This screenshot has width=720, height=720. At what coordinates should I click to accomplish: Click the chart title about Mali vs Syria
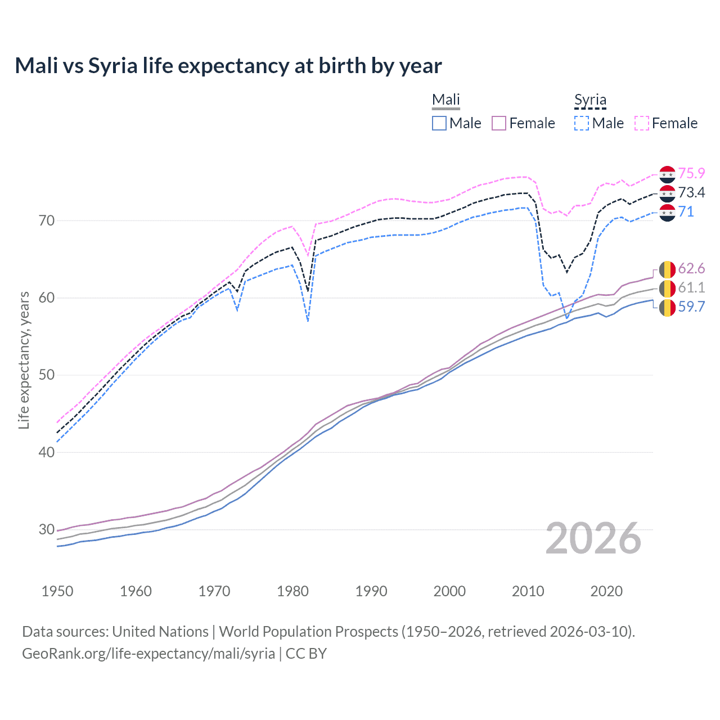pyautogui.click(x=228, y=66)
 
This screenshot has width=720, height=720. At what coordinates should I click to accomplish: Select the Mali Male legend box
pyautogui.click(x=439, y=123)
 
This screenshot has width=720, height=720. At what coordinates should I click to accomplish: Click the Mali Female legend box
pyautogui.click(x=499, y=123)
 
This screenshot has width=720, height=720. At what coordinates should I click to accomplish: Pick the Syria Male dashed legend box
pyautogui.click(x=582, y=123)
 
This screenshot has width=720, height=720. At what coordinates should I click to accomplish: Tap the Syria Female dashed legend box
pyautogui.click(x=642, y=123)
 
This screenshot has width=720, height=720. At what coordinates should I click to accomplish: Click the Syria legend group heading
pyautogui.click(x=590, y=100)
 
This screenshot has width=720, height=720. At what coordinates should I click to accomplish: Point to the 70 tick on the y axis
pyautogui.click(x=47, y=220)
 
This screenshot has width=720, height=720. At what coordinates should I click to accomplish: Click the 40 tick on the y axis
pyautogui.click(x=47, y=452)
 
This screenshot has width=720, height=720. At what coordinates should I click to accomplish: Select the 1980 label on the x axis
pyautogui.click(x=293, y=591)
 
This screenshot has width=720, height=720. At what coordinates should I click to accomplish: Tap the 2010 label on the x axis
pyautogui.click(x=528, y=591)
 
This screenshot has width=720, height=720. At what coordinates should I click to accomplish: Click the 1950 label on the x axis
pyautogui.click(x=57, y=591)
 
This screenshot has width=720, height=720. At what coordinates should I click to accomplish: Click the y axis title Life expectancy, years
pyautogui.click(x=24, y=360)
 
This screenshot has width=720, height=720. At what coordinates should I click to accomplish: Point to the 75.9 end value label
pyautogui.click(x=691, y=174)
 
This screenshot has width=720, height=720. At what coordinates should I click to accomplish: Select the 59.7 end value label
pyautogui.click(x=691, y=307)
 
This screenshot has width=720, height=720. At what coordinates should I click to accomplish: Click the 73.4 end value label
pyautogui.click(x=691, y=193)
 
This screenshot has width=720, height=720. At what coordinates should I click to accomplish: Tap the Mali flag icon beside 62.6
pyautogui.click(x=667, y=269)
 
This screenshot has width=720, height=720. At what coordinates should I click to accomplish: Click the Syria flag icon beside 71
pyautogui.click(x=667, y=213)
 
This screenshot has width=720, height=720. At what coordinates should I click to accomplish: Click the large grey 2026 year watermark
pyautogui.click(x=593, y=538)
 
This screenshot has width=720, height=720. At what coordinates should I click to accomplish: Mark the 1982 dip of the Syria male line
pyautogui.click(x=308, y=321)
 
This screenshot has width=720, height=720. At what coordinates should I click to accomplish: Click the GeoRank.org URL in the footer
pyautogui.click(x=148, y=654)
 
